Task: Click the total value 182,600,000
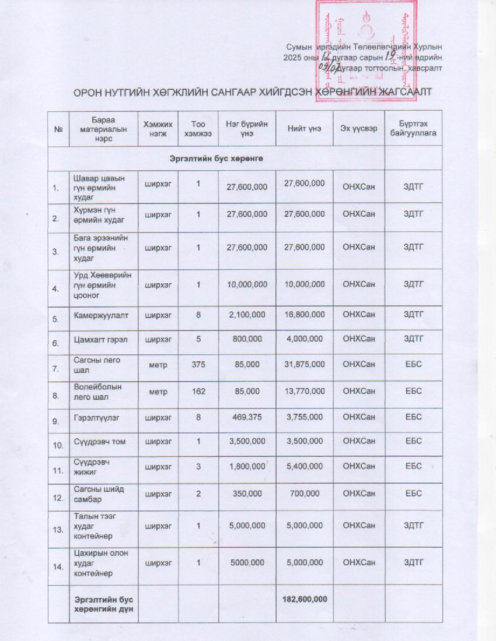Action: pyautogui.click(x=304, y=599)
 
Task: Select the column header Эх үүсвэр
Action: pyautogui.click(x=358, y=129)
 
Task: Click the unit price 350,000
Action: pyautogui.click(x=247, y=493)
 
